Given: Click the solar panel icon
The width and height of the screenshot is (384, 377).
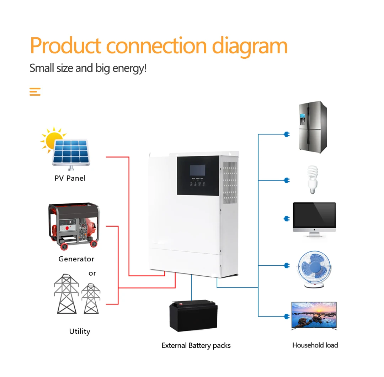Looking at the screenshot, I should (71, 152).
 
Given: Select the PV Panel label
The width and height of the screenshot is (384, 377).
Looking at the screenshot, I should (70, 178).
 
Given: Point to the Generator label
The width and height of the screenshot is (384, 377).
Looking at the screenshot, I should (76, 259).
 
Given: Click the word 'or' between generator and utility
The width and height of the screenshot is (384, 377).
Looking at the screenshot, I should (92, 273).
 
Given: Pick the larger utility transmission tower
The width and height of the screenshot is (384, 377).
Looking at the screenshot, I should (66, 293).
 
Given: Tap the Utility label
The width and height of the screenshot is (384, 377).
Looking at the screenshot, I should (80, 331).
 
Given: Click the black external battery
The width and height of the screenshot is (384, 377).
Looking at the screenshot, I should (193, 315).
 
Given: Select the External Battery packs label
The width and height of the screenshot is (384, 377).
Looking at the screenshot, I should (196, 345).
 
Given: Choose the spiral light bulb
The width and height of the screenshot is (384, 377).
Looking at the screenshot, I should (312, 180).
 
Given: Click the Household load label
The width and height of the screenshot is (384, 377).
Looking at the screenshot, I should (315, 345).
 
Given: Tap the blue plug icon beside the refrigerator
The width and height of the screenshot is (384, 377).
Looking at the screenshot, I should (287, 134).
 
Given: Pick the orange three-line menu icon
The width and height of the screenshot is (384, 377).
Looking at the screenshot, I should (35, 92).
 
